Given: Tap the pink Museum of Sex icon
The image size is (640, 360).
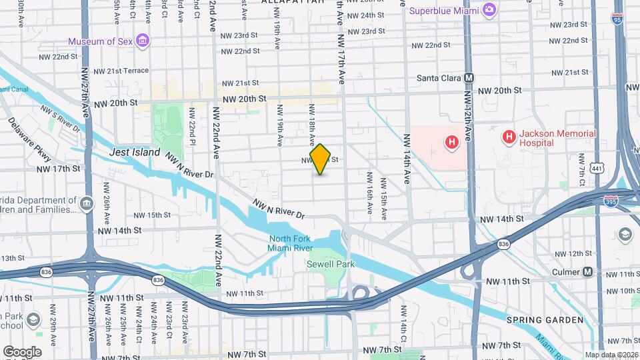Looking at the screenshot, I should (142, 41).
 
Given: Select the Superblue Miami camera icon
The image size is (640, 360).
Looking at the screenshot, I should (489, 10).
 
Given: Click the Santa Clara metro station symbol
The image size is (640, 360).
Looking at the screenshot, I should (469, 78).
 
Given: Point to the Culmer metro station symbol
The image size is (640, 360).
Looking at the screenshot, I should (588, 272).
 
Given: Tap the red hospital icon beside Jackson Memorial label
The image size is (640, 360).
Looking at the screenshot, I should (509, 138).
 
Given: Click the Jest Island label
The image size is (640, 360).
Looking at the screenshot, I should (135, 152).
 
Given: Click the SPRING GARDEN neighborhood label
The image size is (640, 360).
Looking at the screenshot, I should (545, 320).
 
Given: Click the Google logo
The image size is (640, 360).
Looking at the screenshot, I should (22, 351).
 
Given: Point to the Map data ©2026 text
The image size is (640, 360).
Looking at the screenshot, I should (611, 355).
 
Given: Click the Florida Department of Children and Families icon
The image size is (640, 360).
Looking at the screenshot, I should (87, 203).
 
